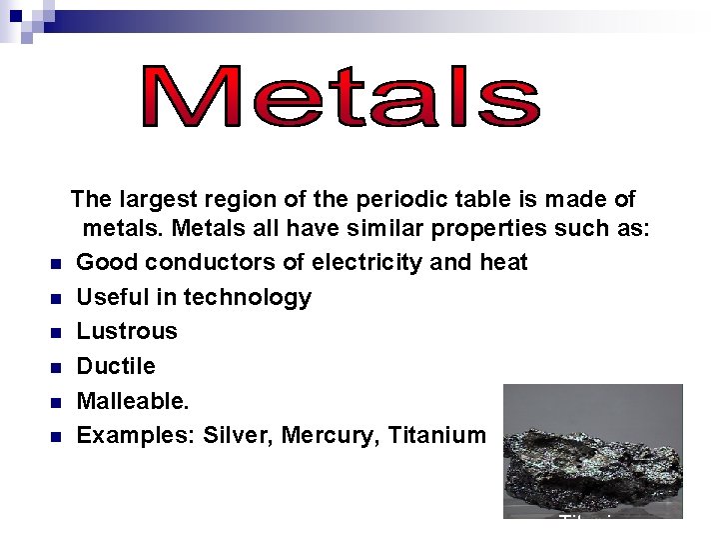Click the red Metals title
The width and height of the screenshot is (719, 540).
(341, 98)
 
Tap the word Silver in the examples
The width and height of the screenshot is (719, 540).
(237, 435)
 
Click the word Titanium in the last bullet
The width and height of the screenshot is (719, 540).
(434, 435)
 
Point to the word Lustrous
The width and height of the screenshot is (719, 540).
(127, 331)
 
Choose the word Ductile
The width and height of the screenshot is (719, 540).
(116, 366)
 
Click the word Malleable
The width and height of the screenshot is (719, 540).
(130, 401)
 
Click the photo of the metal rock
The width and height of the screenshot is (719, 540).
(593, 450)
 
